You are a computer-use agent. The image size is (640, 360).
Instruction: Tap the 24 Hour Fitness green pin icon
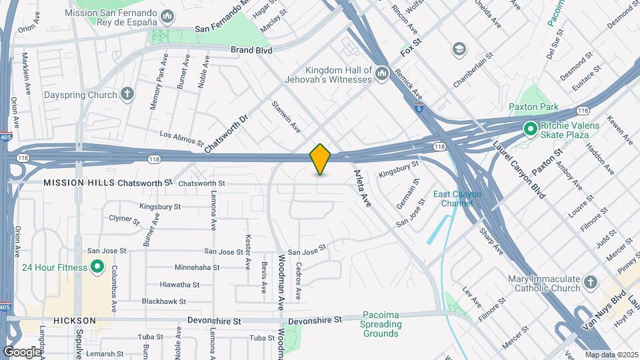tap(97, 268)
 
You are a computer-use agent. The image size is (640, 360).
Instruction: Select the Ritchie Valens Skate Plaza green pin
tap(531, 129)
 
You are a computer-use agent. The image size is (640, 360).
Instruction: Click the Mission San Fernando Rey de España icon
tap(169, 15)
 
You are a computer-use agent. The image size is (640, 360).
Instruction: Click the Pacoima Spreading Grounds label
tap(382, 324)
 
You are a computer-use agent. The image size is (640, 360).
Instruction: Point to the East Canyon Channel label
tap(457, 198)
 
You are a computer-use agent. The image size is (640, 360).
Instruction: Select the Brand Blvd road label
tap(251, 49)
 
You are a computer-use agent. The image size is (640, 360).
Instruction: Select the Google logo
tap(22, 351)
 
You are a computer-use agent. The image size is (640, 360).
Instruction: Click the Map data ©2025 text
tap(611, 355)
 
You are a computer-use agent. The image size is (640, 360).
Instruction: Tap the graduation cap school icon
tap(459, 49)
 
